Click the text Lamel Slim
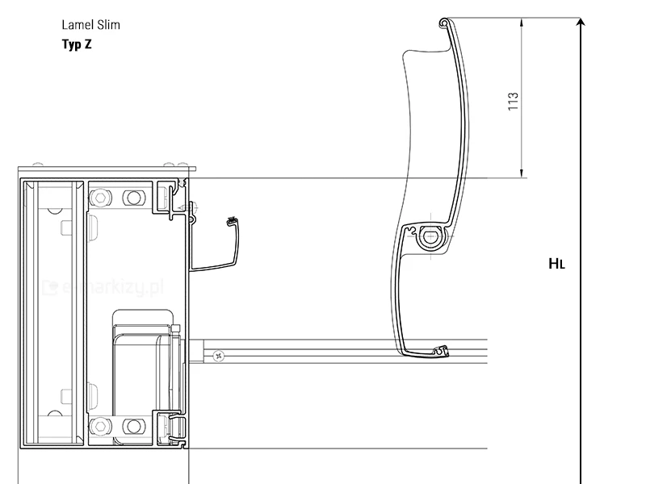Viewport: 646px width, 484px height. (90, 25)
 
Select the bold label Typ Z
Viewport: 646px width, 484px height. (77, 44)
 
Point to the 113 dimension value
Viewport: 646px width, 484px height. (513, 102)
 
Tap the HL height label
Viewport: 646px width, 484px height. (557, 263)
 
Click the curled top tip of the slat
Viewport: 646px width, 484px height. (443, 23)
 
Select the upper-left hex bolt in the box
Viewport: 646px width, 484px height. (100, 197)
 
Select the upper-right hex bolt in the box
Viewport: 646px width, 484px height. (130, 197)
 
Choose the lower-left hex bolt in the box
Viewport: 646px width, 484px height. (100, 425)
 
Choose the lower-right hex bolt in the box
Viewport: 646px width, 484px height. (130, 425)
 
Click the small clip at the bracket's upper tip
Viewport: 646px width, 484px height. (233, 220)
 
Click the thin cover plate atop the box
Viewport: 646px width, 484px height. (108, 169)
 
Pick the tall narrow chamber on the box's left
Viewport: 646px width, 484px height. (52, 313)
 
